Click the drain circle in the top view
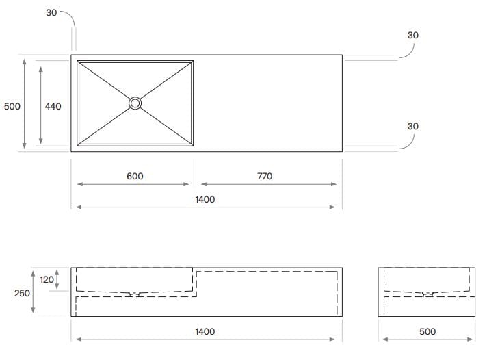tap(135, 103)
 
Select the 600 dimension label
tap(135, 177)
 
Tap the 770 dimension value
tap(265, 177)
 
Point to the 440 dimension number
tap(53, 107)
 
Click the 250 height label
tap(22, 293)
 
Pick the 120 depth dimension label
tap(47, 280)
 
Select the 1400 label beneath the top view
tap(205, 199)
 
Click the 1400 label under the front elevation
tap(205, 331)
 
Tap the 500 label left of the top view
tap(12, 107)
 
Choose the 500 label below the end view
tap(427, 331)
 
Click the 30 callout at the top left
tap(52, 13)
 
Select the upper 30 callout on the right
tap(413, 35)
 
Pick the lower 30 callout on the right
tap(413, 126)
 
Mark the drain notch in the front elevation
tap(134, 294)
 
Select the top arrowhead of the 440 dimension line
tap(40, 68)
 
